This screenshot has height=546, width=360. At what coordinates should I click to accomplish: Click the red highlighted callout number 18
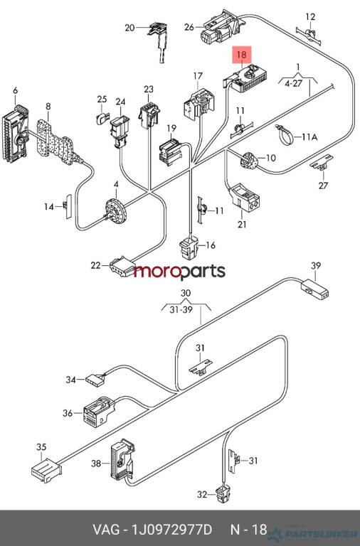[x=241, y=54]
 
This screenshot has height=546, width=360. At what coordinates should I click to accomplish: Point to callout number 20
[x=129, y=28]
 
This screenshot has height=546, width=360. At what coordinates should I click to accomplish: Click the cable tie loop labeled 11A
[x=285, y=135]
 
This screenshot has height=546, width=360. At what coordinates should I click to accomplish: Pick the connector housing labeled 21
[x=244, y=198]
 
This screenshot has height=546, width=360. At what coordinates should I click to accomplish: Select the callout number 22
[x=95, y=265]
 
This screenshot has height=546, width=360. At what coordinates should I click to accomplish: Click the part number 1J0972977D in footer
[x=171, y=530]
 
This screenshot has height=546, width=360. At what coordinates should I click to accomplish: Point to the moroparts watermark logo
[x=180, y=272]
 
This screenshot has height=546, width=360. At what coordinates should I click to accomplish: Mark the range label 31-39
[x=181, y=309]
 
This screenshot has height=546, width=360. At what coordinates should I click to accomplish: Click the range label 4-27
[x=293, y=84]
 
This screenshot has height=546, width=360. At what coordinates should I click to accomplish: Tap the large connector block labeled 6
[x=16, y=134]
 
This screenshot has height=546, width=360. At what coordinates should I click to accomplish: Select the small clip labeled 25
[x=102, y=119]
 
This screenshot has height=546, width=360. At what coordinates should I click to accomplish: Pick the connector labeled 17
[x=198, y=103]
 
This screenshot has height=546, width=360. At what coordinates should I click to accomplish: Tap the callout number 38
[x=96, y=464]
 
